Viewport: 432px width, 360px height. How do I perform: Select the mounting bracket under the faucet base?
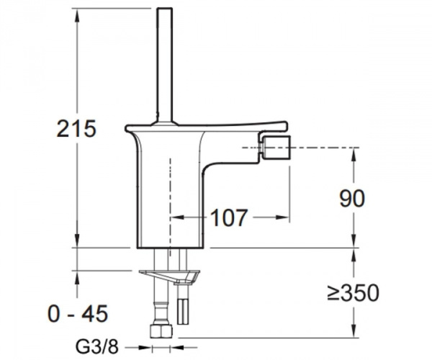[x=170, y=275]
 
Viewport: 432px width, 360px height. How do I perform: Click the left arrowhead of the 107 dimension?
[x=174, y=216]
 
